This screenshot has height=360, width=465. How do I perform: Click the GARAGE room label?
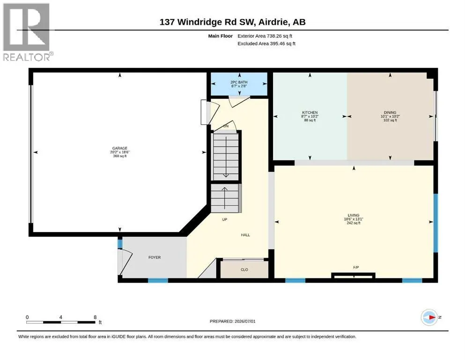coord(119,148)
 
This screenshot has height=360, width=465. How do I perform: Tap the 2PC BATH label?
coord(239,82)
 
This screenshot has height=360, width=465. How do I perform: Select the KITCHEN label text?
coord(310,112)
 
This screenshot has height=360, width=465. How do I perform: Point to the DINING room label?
coord(390,112)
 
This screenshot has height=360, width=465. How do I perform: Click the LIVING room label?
coord(354,215)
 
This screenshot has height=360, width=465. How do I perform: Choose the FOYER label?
coord(155,257)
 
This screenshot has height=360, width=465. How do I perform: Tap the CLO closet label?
coord(244,270)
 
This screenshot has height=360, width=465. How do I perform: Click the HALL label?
coord(245,235)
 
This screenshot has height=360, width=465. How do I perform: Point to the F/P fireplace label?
coord(356,267)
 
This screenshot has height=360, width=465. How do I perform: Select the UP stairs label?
coord(224,219)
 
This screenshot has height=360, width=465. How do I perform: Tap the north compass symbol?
coord(429,317)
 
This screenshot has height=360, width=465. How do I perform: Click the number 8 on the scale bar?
coord(95,317)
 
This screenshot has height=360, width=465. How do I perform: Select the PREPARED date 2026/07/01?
coord(244,321)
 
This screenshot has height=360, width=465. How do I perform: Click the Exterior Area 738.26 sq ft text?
coord(265,36)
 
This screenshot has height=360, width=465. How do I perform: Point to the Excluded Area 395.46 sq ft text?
coord(266,43)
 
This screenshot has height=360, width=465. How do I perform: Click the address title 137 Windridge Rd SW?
coord(207,22)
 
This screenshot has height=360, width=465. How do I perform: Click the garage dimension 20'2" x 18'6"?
coord(119,152)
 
